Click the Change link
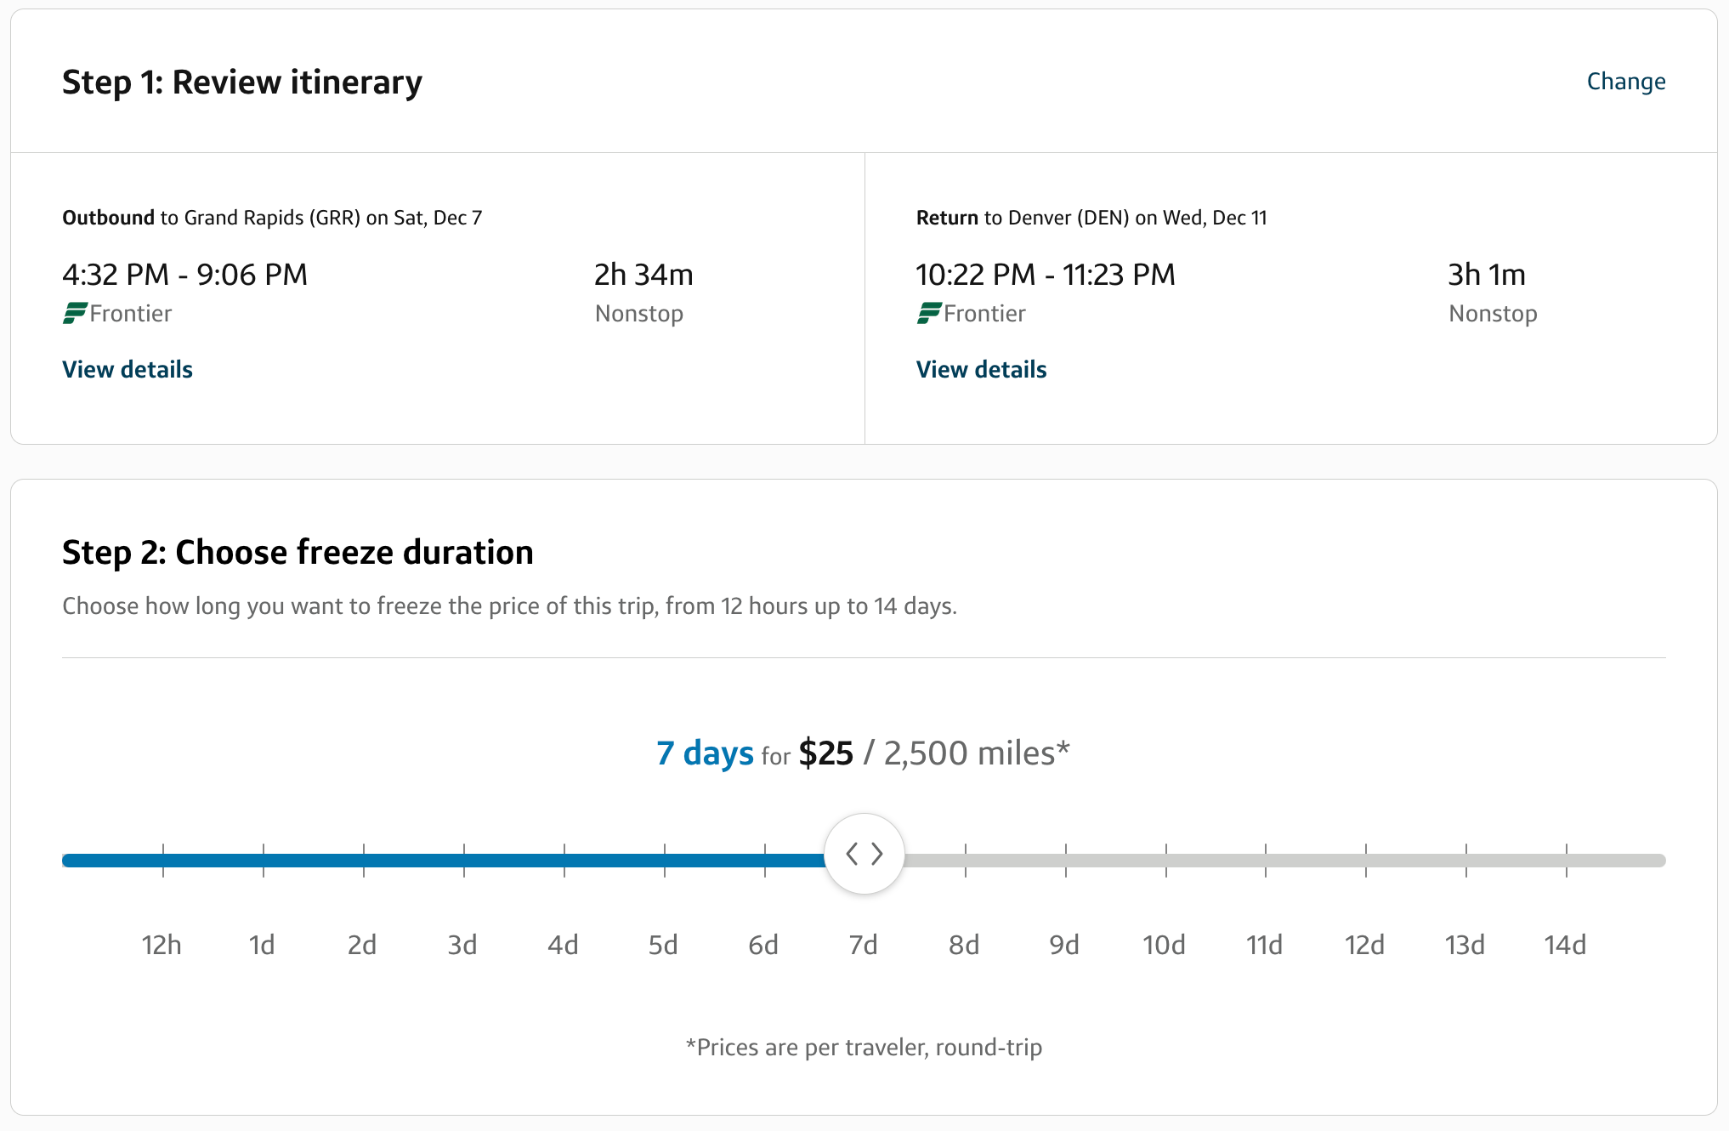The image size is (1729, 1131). (1625, 82)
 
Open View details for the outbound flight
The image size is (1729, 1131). (128, 370)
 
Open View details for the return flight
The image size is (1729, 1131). (981, 370)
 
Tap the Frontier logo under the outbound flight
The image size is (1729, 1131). (75, 314)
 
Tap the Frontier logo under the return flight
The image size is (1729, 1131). (928, 314)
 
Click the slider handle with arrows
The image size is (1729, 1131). (864, 854)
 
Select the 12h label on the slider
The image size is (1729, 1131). (162, 945)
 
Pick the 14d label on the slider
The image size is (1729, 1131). (1565, 945)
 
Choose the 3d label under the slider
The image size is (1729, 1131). (462, 945)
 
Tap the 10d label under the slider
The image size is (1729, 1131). (1164, 945)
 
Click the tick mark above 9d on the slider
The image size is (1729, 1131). (1065, 860)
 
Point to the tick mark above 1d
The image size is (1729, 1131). (264, 860)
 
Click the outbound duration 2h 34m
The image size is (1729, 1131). (643, 275)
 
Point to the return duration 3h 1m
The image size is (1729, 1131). (1487, 275)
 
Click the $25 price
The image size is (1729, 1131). (825, 753)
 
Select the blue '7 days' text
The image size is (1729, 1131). (705, 753)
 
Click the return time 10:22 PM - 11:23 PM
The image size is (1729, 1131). (1046, 275)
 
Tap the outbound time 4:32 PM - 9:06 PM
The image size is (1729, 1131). (185, 275)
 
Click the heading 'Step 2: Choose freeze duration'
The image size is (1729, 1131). (298, 553)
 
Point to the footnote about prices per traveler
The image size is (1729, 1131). (864, 1047)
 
